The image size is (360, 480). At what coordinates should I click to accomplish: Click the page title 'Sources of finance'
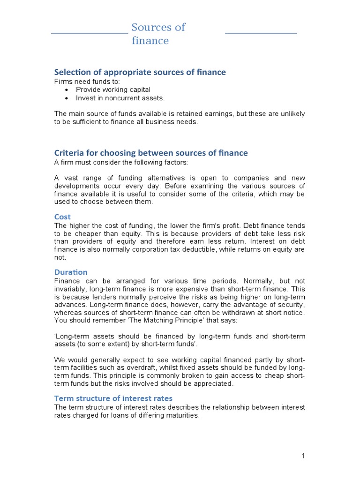click(x=158, y=34)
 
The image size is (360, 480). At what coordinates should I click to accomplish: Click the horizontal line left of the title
click(x=89, y=34)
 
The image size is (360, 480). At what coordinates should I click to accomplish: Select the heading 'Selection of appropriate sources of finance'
click(x=140, y=72)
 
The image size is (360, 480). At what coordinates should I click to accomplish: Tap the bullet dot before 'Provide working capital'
click(x=67, y=90)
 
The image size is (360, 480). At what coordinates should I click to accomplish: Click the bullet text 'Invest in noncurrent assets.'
click(x=120, y=98)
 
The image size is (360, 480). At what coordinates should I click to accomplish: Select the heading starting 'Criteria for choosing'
click(x=151, y=153)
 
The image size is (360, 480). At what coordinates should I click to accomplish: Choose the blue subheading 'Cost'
click(x=62, y=217)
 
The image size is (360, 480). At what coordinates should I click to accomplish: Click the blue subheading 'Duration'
click(x=71, y=272)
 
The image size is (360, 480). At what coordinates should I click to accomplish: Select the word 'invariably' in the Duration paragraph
click(x=72, y=289)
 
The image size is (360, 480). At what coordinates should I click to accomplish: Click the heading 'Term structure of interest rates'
click(x=113, y=398)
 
